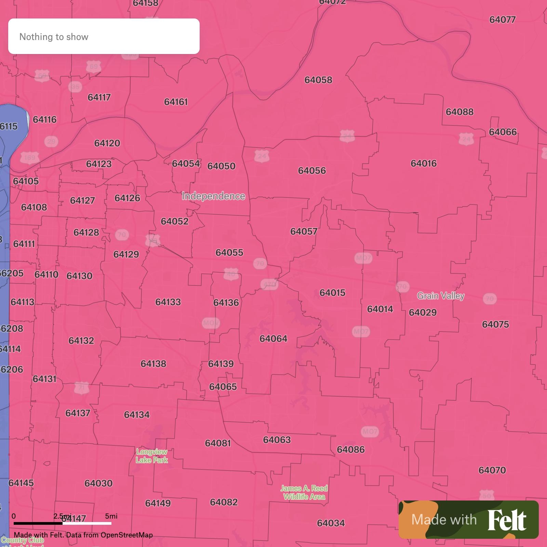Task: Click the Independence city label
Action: [x=213, y=196]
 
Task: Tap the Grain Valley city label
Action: [x=441, y=296]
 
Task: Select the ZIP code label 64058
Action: [x=318, y=80]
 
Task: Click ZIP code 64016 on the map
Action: [x=424, y=163]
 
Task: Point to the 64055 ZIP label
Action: [x=229, y=253]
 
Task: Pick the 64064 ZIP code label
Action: [x=273, y=339]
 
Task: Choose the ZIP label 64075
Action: [x=495, y=324]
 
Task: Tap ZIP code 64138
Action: [x=154, y=364]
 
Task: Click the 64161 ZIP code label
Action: [x=176, y=102]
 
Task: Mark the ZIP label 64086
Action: [x=351, y=450]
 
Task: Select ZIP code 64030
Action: [x=98, y=483]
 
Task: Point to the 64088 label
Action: [x=459, y=112]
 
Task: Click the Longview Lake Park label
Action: [x=152, y=456]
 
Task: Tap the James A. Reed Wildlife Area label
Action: [x=304, y=493]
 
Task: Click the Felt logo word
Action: [x=507, y=520]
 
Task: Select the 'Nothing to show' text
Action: [x=54, y=37]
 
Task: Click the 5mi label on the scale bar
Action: [x=111, y=516]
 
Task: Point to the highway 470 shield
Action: [x=269, y=284]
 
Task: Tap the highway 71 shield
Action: [x=81, y=388]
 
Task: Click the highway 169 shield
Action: [x=30, y=158]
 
